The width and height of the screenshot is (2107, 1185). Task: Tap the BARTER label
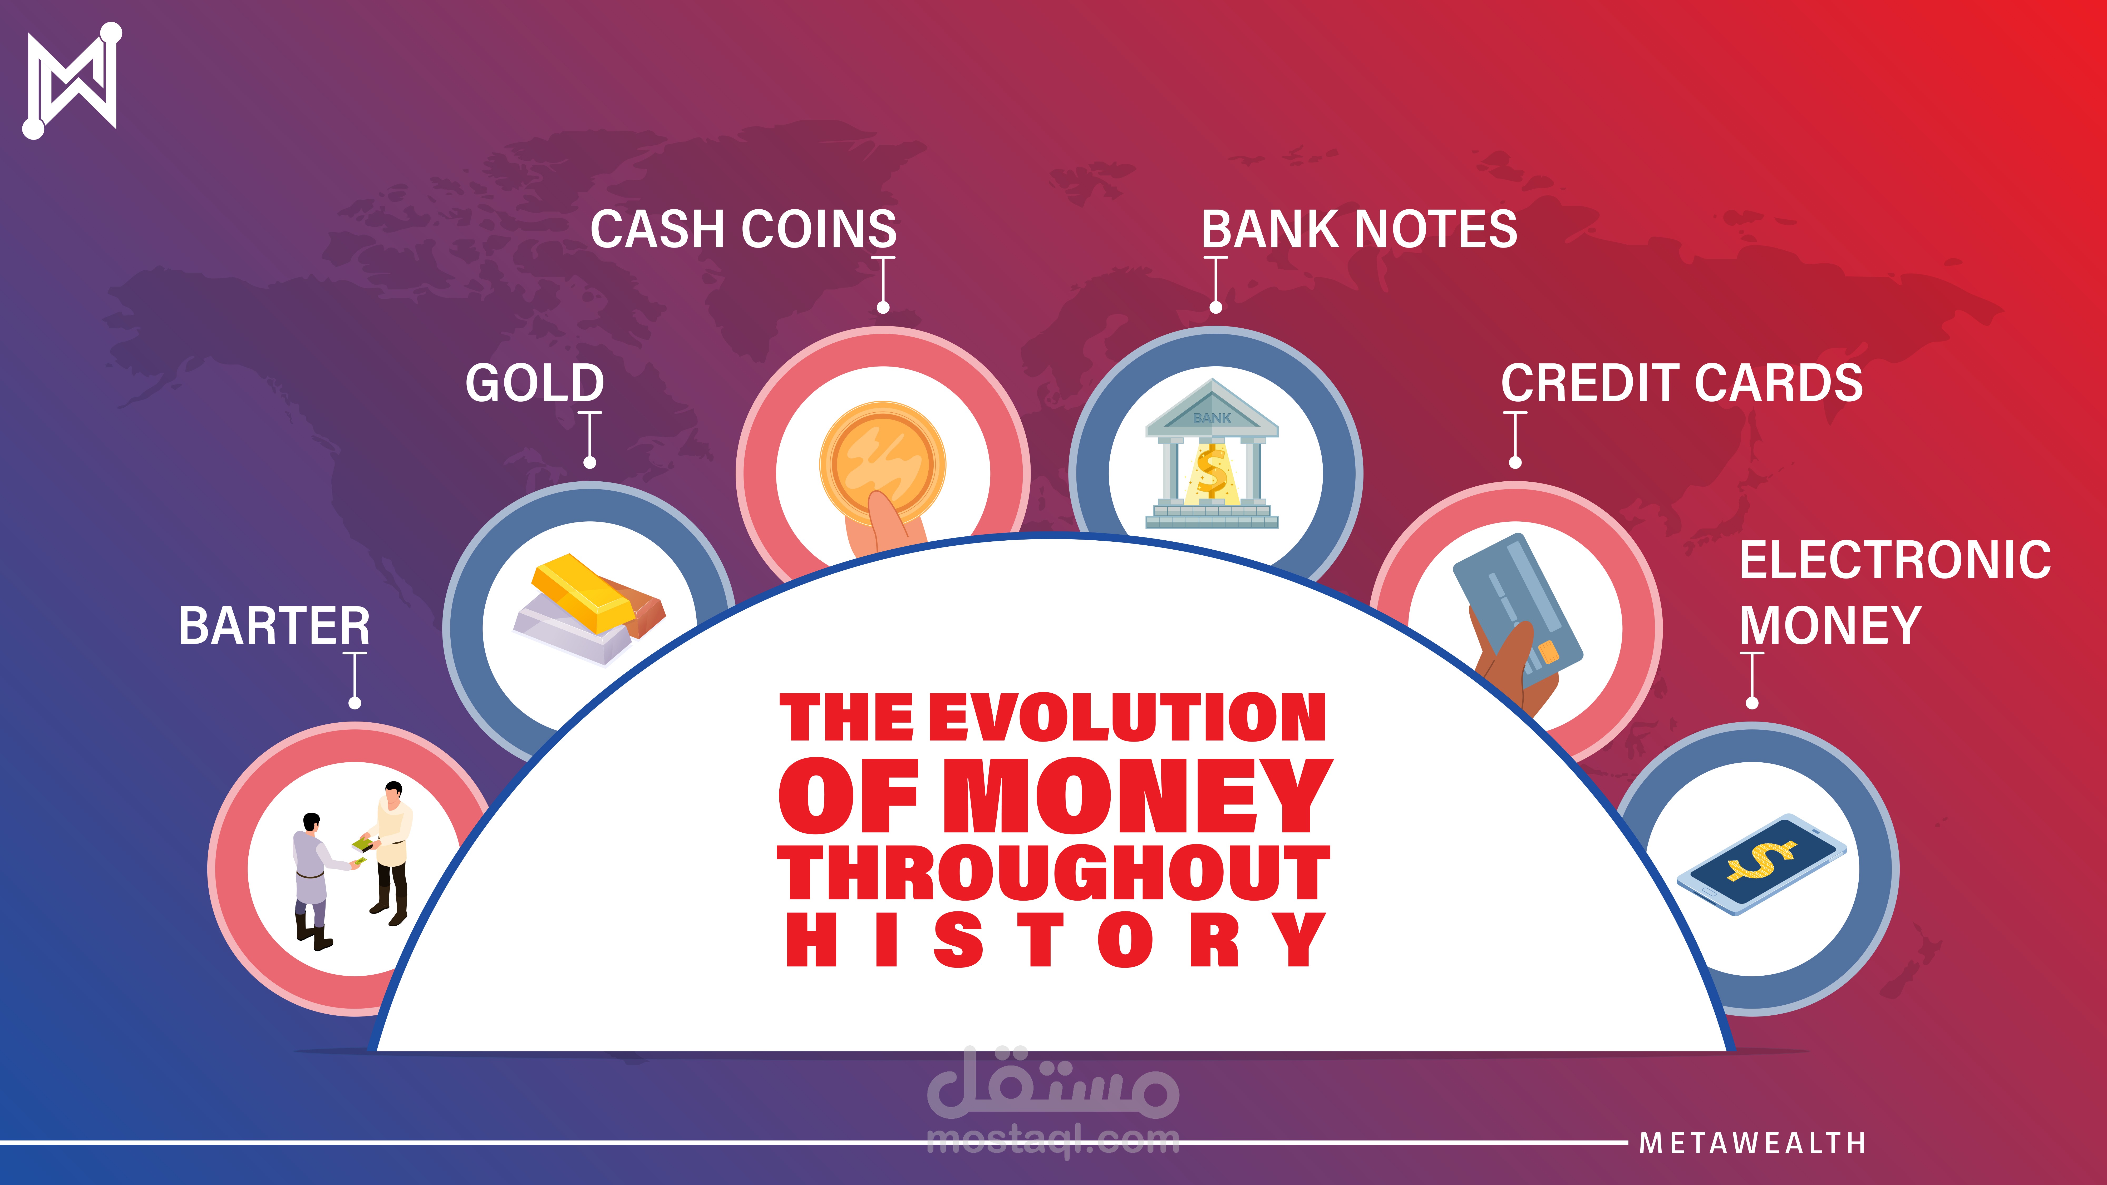pos(274,626)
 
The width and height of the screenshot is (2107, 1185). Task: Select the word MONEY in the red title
pos(1139,795)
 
